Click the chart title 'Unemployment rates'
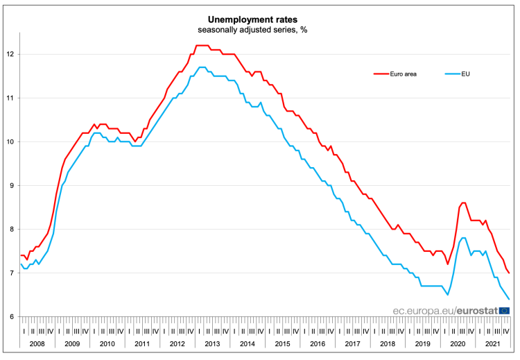pos(259,19)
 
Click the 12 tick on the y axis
pos(12,54)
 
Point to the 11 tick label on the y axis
pos(12,98)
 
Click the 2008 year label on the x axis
pos(37,344)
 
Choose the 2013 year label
pos(212,344)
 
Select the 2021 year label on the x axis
pos(492,344)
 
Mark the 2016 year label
pos(317,344)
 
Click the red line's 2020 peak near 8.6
pos(463,203)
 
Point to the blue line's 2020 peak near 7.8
pos(463,238)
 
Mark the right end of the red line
pos(510,273)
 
